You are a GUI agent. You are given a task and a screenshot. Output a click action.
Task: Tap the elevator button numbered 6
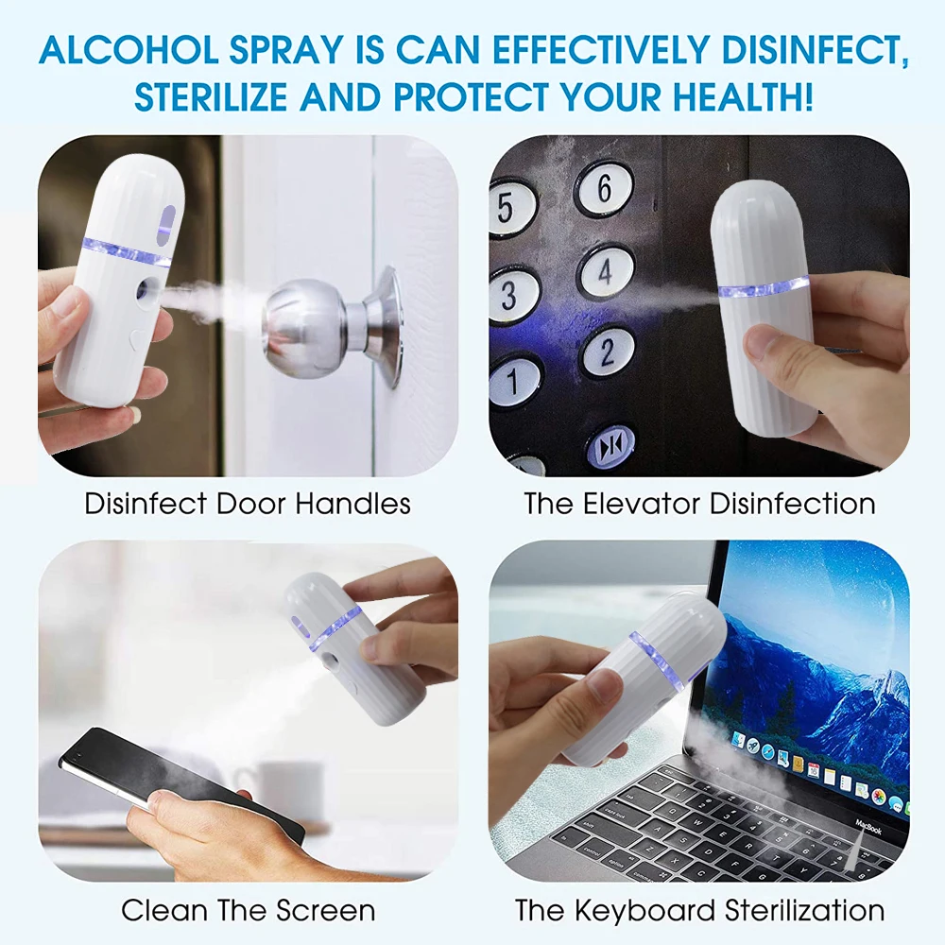click(604, 189)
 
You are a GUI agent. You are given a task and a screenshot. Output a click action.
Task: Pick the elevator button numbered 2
click(607, 352)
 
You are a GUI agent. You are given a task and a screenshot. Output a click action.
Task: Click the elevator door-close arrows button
click(609, 445)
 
